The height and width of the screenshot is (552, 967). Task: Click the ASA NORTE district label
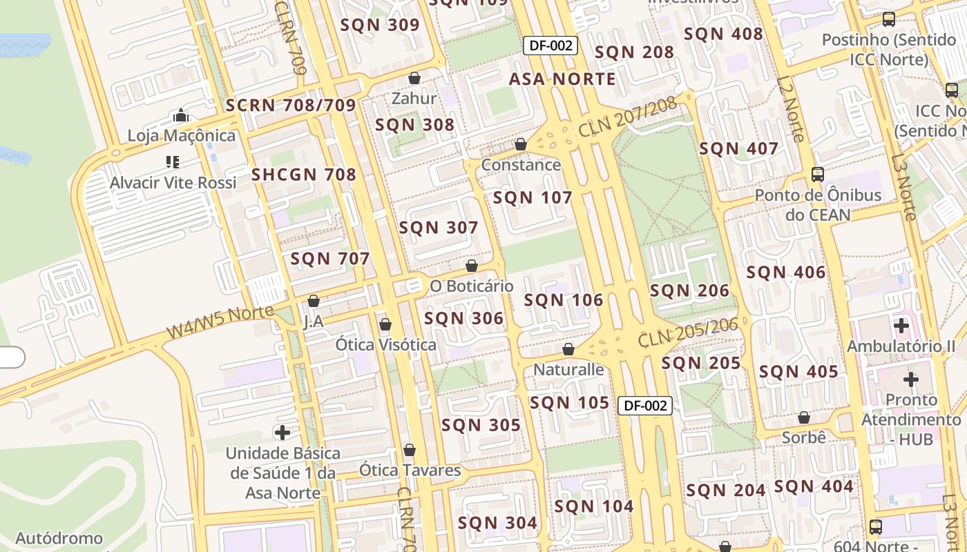562,79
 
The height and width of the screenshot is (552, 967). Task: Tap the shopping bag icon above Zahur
414,77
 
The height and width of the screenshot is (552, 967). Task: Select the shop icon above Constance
521,144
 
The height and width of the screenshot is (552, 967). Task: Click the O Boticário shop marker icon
472,266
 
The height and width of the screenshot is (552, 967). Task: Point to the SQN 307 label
439,228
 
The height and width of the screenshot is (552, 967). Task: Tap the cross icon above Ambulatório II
901,325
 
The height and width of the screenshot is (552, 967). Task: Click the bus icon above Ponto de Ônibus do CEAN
818,174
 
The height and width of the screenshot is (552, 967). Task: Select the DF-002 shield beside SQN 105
644,406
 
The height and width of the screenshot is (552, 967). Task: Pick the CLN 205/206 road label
688,333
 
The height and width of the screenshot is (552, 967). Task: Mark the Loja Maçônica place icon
181,115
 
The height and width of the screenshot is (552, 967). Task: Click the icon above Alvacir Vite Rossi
173,162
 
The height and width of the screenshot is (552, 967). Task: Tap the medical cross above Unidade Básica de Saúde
283,433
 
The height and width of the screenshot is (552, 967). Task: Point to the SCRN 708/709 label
291,106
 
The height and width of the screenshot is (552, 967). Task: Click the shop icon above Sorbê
803,417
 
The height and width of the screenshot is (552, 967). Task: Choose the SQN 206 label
689,291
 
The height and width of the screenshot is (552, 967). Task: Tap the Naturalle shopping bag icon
568,349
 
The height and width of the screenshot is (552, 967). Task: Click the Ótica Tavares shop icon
410,450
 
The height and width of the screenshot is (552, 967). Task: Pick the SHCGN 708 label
304,175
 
